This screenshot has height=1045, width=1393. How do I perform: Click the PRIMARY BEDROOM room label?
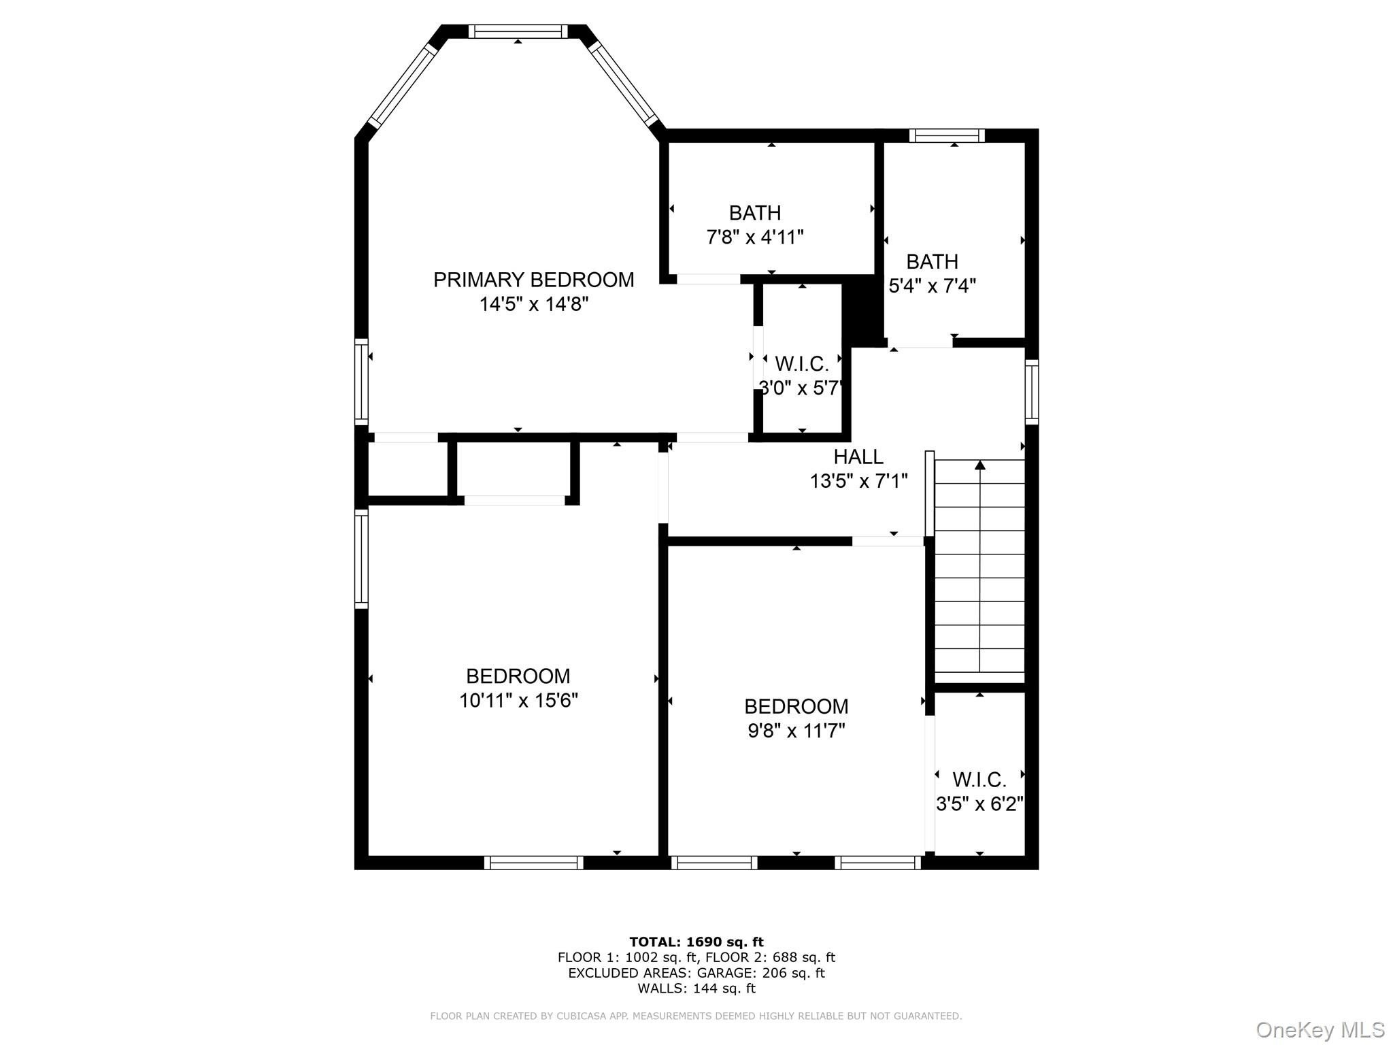click(534, 280)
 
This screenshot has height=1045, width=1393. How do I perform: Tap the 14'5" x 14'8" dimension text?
click(534, 304)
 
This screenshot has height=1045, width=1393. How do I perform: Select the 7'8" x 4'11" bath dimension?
click(755, 237)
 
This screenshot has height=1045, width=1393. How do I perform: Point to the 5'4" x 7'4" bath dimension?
click(933, 286)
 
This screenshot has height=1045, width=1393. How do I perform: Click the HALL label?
click(858, 457)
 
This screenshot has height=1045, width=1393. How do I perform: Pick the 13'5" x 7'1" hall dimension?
click(858, 482)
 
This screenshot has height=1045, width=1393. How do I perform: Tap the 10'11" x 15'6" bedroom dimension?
click(518, 700)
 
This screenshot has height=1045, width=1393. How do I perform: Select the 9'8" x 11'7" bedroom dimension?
click(796, 731)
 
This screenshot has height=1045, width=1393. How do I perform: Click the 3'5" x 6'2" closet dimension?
click(980, 804)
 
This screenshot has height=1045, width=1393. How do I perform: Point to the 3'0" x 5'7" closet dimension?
click(802, 388)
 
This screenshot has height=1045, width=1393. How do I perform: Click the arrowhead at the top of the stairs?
click(980, 465)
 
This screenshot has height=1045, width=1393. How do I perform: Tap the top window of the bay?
click(518, 31)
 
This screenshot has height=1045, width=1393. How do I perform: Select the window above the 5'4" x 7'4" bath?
click(947, 135)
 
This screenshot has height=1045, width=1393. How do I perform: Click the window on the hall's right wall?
click(1032, 392)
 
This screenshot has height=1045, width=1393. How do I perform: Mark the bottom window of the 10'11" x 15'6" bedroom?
click(534, 863)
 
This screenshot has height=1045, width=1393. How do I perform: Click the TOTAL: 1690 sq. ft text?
click(696, 942)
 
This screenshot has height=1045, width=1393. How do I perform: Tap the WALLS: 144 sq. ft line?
click(696, 989)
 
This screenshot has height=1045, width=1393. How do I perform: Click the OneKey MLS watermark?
click(1320, 1030)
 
